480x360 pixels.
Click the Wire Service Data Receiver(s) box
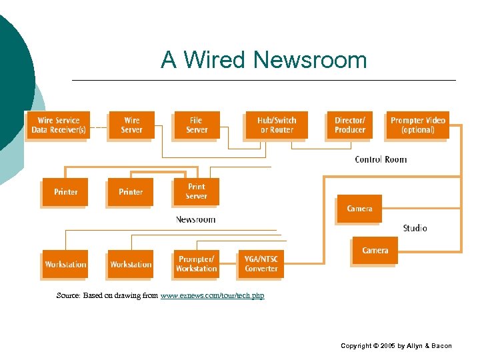coord(58,125)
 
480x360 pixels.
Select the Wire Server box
coord(131,125)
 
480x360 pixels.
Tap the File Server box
coord(197,125)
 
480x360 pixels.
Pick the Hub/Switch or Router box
coord(277,125)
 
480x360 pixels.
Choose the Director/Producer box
coord(350,125)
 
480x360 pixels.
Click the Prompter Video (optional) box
coord(418,125)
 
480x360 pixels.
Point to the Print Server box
coord(196,191)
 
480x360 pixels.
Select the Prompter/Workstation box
coord(196,264)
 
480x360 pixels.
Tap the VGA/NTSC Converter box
coord(261,264)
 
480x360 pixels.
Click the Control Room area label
coord(381,159)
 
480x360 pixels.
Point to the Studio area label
coord(415,228)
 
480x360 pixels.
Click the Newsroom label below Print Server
coord(195,219)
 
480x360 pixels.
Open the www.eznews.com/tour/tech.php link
coord(212,295)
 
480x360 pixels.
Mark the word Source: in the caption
coord(69,295)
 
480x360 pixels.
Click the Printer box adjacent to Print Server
coord(131,192)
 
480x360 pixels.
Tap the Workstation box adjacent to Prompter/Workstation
coord(131,265)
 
